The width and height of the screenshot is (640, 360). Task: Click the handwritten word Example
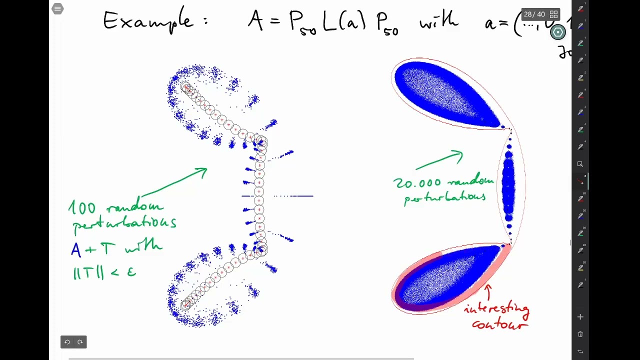[147, 21]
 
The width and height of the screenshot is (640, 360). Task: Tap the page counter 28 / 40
[534, 14]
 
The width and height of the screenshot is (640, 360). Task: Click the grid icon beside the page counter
[553, 14]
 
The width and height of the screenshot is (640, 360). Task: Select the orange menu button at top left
[57, 8]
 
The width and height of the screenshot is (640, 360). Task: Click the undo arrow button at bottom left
[67, 342]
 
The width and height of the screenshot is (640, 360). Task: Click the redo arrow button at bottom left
[80, 342]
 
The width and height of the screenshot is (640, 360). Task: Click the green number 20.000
[417, 183]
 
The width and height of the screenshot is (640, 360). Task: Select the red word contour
[499, 324]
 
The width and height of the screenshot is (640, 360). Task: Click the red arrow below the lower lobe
[487, 293]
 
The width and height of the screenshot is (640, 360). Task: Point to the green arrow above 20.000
[439, 159]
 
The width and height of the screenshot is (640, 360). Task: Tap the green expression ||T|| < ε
[104, 272]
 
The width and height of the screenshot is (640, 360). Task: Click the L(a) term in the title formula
[344, 22]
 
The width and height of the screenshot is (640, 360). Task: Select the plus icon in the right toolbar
[580, 317]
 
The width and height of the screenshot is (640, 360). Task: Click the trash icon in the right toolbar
[580, 334]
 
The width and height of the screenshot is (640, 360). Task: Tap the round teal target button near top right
[558, 32]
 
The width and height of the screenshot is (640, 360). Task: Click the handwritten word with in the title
[438, 21]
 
